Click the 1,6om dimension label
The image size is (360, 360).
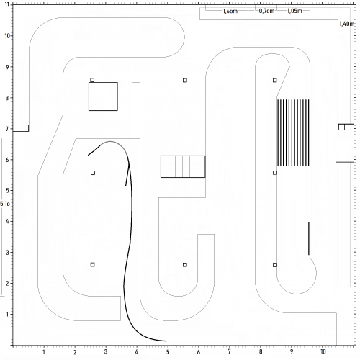(230, 11)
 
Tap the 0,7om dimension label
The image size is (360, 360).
(266, 11)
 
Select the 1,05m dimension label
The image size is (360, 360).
(294, 11)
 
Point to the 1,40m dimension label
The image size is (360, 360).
(346, 24)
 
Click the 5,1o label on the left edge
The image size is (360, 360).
(5, 204)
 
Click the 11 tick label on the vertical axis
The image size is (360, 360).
(7, 5)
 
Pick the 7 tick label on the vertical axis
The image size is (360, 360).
(7, 129)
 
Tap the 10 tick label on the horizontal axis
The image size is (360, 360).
(323, 351)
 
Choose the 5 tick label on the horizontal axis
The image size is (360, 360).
(168, 352)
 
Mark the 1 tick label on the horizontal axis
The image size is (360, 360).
(44, 352)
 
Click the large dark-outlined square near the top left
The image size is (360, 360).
(103, 96)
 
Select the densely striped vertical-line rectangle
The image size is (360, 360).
(293, 132)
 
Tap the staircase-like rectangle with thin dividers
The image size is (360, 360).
(183, 166)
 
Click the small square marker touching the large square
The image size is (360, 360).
(92, 80)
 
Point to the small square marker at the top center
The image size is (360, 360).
(185, 80)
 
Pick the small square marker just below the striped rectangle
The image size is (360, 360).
(275, 173)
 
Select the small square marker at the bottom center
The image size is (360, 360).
(185, 265)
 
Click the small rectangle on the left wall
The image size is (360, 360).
(21, 128)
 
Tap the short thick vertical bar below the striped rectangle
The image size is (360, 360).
(309, 238)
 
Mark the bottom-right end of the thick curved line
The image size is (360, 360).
(166, 341)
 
